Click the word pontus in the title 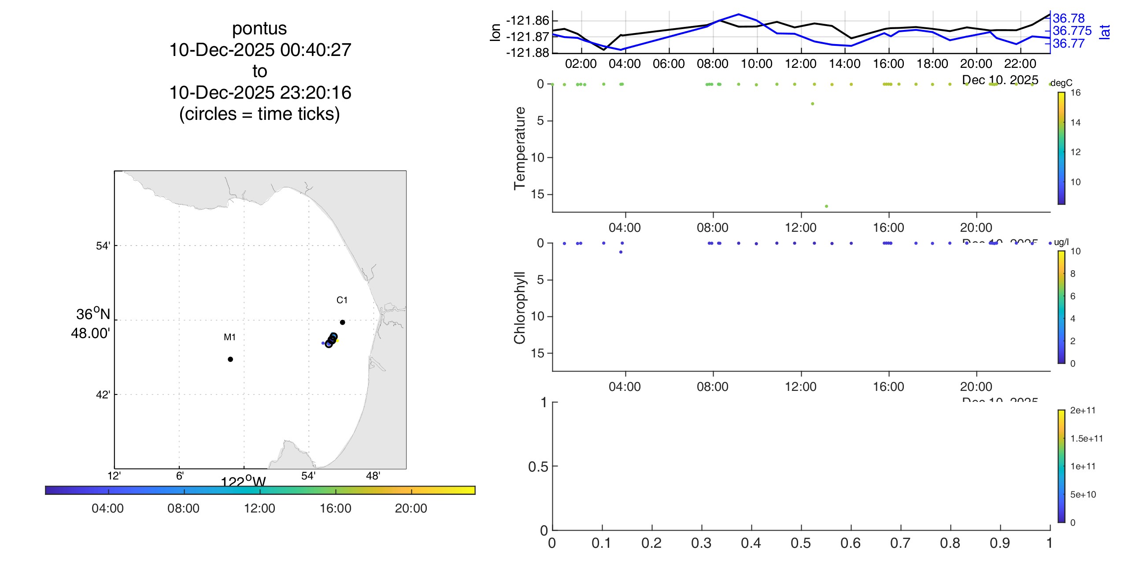tap(259, 29)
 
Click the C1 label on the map tap(342, 300)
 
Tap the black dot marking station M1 tap(230, 359)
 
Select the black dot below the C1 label tap(342, 322)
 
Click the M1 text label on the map tap(229, 337)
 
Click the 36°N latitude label tap(93, 314)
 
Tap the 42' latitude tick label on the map tap(103, 394)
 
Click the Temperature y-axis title tap(520, 148)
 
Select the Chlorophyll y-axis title tap(520, 307)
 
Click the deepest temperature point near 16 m tap(826, 206)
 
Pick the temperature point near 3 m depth tap(812, 104)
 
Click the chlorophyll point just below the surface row tap(621, 252)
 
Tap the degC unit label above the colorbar tap(1062, 83)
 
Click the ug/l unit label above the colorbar tap(1061, 242)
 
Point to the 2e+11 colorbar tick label tap(1083, 410)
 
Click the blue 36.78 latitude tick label tap(1069, 19)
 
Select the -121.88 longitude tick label tap(528, 53)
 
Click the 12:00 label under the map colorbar tap(259, 508)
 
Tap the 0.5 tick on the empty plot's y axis tap(537, 466)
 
